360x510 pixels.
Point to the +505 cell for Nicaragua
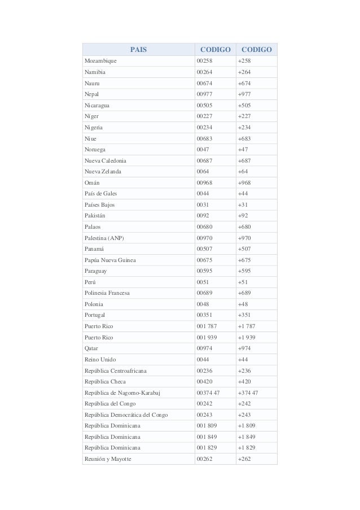[245, 106]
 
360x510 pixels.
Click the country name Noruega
[95, 150]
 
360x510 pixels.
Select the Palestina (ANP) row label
[104, 238]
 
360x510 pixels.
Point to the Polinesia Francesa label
[107, 293]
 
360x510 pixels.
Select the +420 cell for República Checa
[245, 382]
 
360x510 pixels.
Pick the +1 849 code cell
[247, 437]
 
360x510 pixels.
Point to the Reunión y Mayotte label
[108, 459]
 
